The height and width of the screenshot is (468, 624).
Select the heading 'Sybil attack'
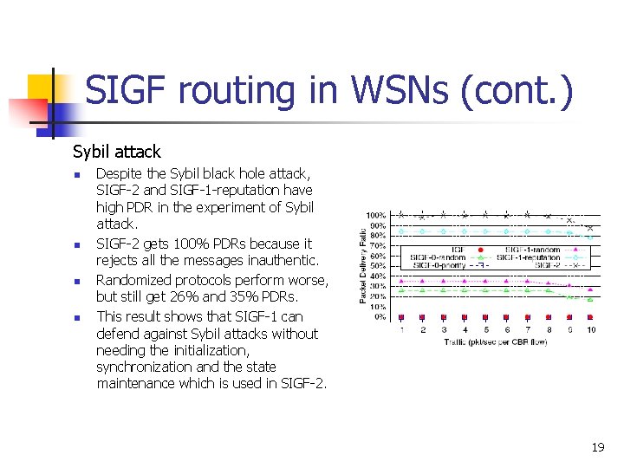coord(116,152)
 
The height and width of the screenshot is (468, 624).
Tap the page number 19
coord(597,447)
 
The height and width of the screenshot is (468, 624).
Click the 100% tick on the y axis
coord(376,215)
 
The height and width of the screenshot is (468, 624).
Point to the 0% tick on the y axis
coord(380,317)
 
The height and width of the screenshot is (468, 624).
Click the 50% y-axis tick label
coord(378,266)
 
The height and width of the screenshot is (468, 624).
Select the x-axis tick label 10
coord(591,330)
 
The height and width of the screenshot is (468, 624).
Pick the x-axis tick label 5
coord(485,330)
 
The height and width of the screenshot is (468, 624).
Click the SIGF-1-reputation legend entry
coord(529,257)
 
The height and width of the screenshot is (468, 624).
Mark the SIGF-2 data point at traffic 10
coord(591,228)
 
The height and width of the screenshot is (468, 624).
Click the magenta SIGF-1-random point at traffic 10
coord(591,290)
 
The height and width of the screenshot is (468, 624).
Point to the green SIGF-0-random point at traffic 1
coord(401,291)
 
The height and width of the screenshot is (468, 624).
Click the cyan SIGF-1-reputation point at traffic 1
coord(401,231)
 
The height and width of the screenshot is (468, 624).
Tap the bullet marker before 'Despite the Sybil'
coord(76,175)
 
